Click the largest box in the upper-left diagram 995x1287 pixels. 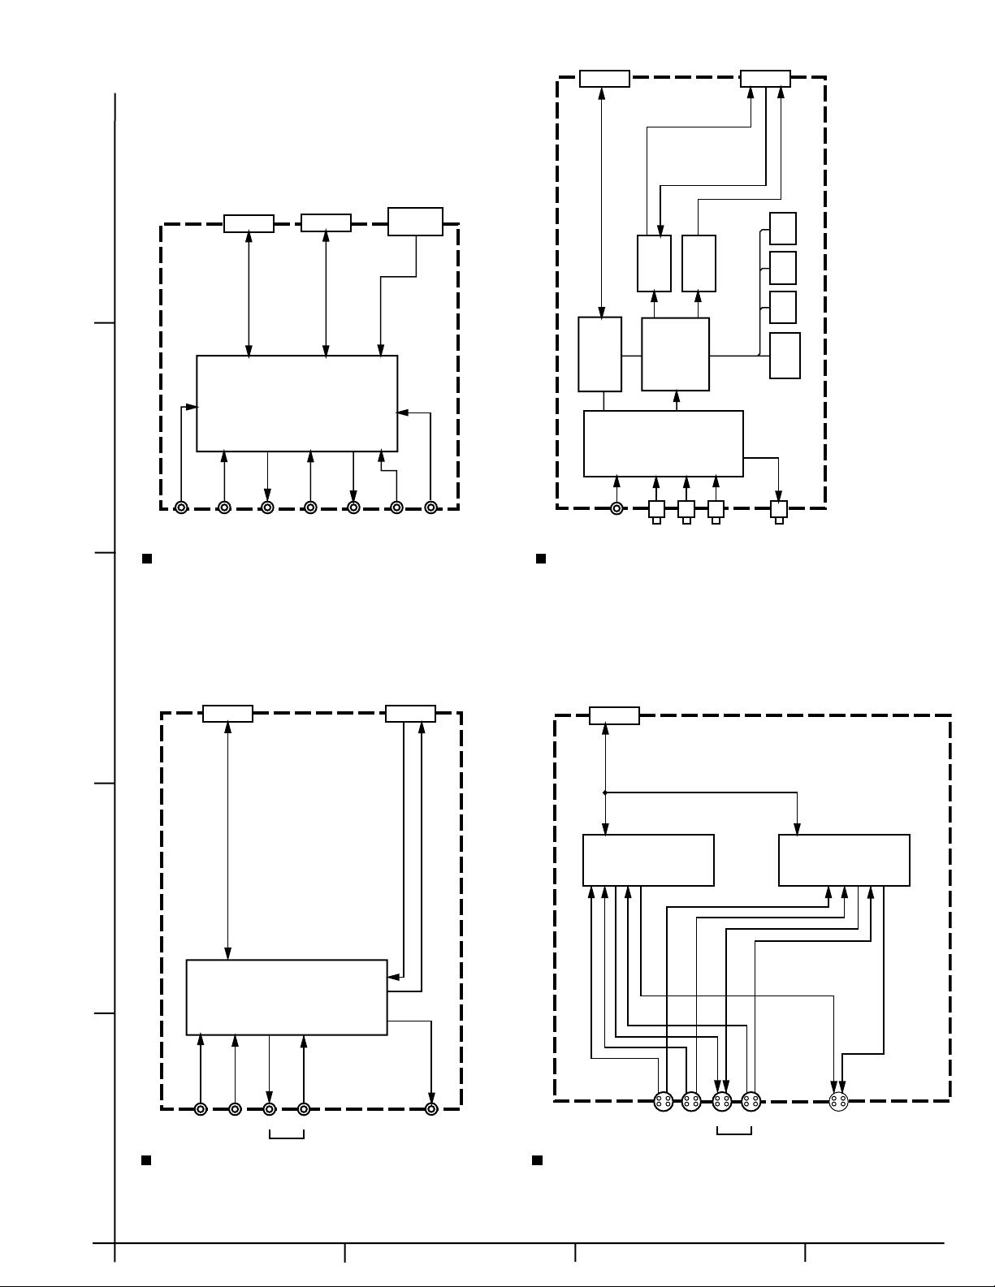(x=296, y=403)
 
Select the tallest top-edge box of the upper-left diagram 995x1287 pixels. (x=415, y=222)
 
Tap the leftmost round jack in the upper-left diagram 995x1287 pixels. (x=181, y=507)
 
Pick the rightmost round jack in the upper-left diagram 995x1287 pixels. (x=431, y=507)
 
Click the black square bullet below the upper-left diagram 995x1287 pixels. (x=147, y=559)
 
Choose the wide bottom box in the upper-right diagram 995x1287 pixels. (x=663, y=443)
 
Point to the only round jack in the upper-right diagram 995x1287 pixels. (x=616, y=509)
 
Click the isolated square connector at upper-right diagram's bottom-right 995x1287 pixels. (x=779, y=510)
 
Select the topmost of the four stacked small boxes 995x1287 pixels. (x=783, y=228)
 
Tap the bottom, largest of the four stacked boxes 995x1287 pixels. (x=785, y=355)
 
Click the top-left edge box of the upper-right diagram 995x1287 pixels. (x=604, y=78)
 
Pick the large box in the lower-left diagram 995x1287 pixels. (x=287, y=997)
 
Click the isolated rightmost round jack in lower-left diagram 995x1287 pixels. (x=431, y=1108)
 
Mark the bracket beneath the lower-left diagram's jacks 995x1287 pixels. (x=286, y=1134)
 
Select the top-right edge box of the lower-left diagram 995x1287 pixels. (x=410, y=714)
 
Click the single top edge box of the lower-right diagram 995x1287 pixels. (x=614, y=715)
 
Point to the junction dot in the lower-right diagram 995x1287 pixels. (x=604, y=792)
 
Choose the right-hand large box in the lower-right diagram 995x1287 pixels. (x=844, y=860)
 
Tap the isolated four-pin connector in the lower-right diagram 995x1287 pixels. (x=839, y=1102)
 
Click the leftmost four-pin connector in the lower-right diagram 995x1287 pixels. (x=664, y=1102)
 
